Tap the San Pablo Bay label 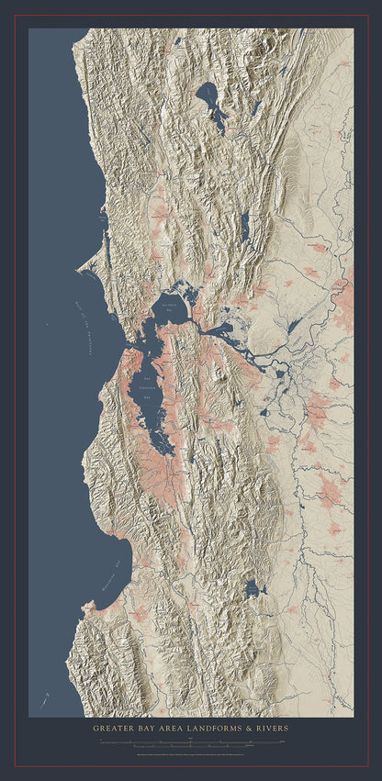coord(171,307)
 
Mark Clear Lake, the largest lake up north coord(210,97)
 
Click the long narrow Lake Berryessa coord(244,225)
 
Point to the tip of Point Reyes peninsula coord(81,270)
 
